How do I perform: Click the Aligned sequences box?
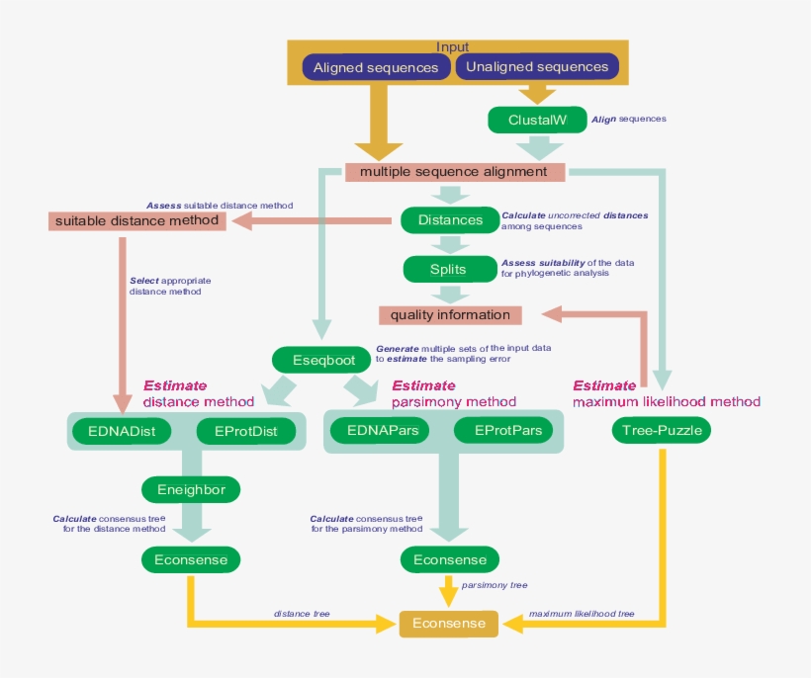click(x=376, y=67)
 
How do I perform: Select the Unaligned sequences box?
click(x=537, y=67)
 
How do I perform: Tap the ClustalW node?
click(x=537, y=120)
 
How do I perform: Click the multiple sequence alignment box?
click(x=454, y=171)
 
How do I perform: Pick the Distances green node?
click(x=450, y=219)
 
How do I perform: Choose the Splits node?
click(x=448, y=268)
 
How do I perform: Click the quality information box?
click(x=450, y=315)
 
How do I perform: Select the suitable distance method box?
click(x=137, y=220)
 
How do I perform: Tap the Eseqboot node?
click(x=322, y=360)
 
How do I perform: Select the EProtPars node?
click(x=508, y=431)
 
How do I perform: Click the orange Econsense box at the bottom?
click(x=450, y=624)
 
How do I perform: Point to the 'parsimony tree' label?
click(x=495, y=585)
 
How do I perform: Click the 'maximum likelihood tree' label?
click(x=582, y=614)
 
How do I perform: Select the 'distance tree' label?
click(x=302, y=614)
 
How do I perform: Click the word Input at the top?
click(x=453, y=46)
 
